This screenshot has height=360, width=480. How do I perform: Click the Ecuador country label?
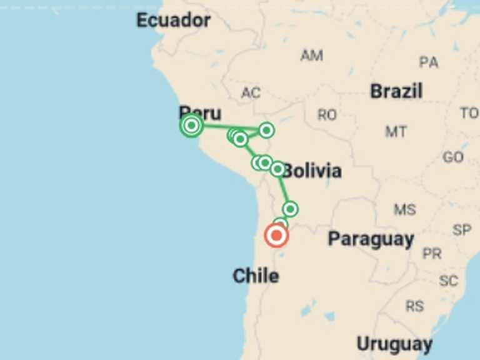pos(173,21)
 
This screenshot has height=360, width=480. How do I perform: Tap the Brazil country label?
pos(396,91)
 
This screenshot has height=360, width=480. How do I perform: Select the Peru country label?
pos(200,113)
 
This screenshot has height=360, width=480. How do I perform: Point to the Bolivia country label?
pos(312,171)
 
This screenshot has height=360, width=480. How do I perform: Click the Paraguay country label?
pos(371,239)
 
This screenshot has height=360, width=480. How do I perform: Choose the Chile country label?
pos(256,276)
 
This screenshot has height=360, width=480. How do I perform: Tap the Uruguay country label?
pos(394,344)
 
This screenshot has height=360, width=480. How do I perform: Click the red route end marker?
pos(276,236)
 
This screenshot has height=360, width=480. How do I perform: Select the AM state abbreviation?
pos(311,56)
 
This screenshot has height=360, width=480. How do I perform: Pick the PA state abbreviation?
pos(429,62)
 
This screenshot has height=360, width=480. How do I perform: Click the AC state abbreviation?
pos(251,94)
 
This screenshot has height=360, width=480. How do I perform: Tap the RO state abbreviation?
pos(327,115)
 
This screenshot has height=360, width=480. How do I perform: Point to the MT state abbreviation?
pos(396,132)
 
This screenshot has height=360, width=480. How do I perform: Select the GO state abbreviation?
pos(453,157)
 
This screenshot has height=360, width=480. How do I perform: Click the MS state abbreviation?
pos(404,209)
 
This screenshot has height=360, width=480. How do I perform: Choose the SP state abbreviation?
pos(462,230)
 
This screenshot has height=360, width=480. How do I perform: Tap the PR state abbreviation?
pos(432,254)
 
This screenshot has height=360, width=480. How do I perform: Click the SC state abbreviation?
pos(448,281)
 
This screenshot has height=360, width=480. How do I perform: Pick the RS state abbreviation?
pos(414,306)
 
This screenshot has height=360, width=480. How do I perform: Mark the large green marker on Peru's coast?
pos(192,126)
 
